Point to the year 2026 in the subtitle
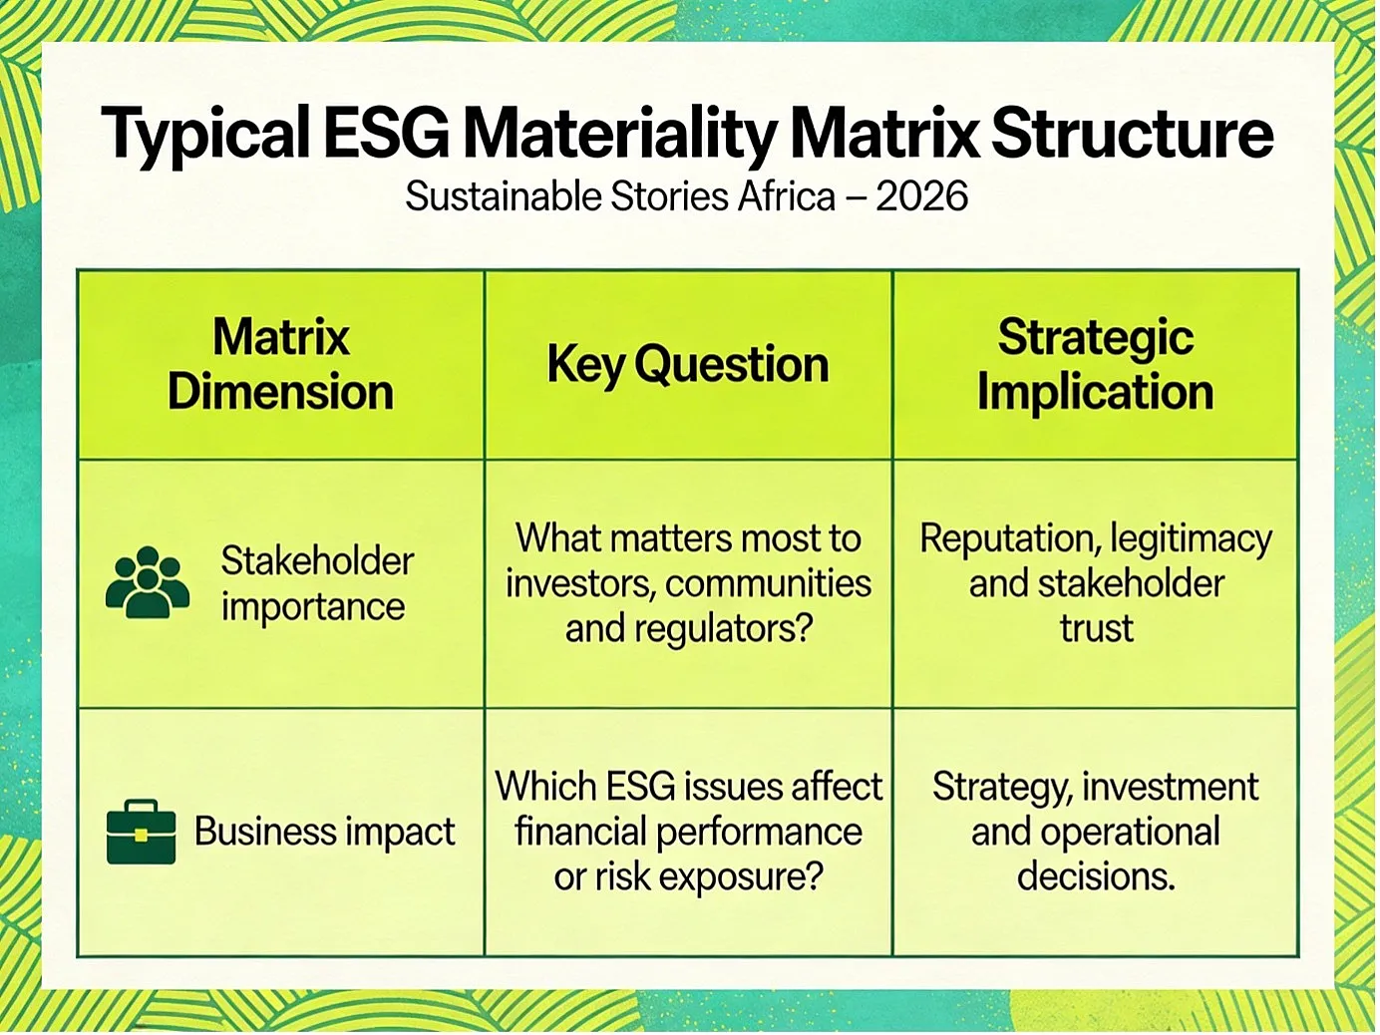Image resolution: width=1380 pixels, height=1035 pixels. click(x=921, y=197)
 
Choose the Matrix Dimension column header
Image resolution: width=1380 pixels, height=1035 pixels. click(x=280, y=365)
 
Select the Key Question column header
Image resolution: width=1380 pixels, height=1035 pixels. click(x=688, y=365)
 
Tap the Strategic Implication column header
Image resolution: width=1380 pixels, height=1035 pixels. click(x=1095, y=365)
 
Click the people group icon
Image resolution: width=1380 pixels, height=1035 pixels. click(x=148, y=582)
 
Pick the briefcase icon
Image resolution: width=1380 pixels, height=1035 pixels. click(x=141, y=832)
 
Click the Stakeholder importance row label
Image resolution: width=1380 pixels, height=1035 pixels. click(x=317, y=583)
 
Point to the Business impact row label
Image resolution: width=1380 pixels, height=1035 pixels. click(x=324, y=832)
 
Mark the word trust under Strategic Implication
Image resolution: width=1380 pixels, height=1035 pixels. click(x=1097, y=628)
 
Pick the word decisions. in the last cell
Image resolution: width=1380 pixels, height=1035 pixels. click(x=1096, y=876)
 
